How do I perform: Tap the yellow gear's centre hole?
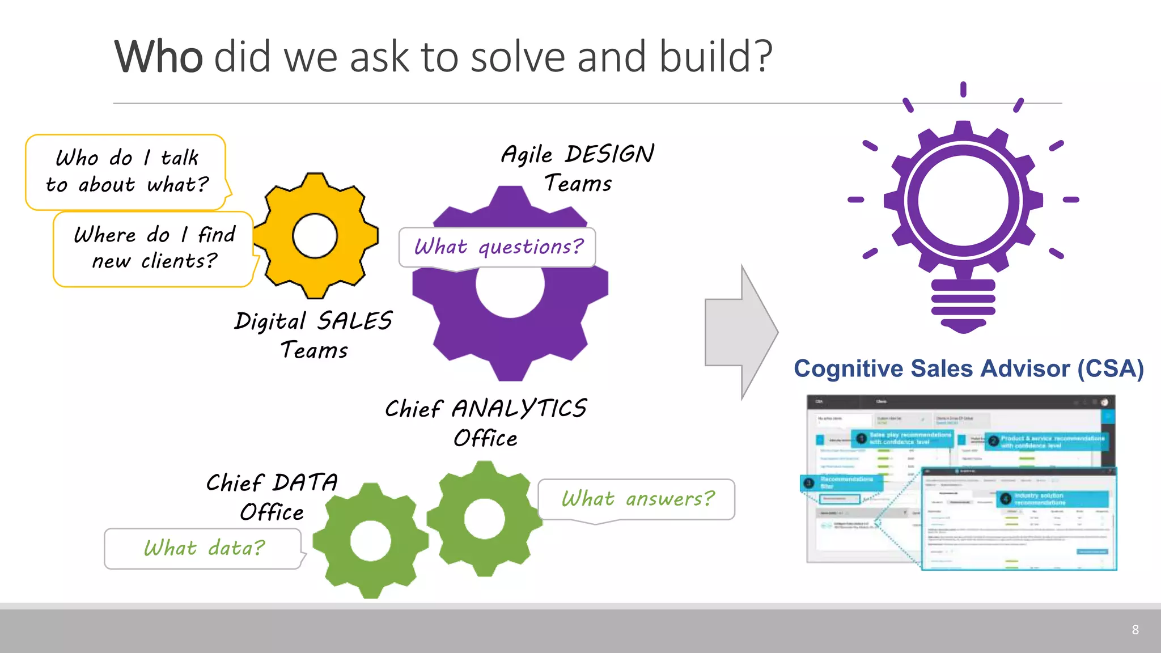pos(315,236)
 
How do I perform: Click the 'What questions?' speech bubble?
pos(497,247)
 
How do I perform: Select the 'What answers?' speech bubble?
pos(636,499)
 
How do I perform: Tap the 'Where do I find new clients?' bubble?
pos(153,249)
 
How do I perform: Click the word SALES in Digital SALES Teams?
pos(354,321)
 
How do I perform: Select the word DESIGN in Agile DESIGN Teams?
pos(609,154)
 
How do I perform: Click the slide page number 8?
pos(1135,630)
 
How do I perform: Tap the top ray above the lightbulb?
pos(963,89)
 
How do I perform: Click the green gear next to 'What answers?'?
pos(484,519)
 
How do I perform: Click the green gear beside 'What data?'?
pos(370,541)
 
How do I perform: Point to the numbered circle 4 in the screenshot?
pos(1005,499)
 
